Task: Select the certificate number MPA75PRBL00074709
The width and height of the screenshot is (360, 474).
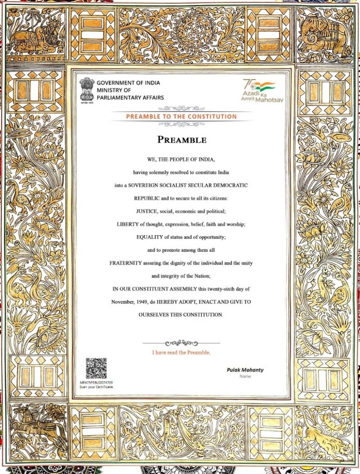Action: click(x=96, y=383)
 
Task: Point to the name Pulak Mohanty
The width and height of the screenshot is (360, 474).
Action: click(x=245, y=370)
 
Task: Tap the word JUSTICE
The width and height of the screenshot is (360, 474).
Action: click(x=147, y=211)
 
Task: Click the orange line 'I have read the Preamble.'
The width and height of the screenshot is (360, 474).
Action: click(x=181, y=352)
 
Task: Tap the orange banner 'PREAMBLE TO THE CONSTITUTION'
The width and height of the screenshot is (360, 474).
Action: click(x=181, y=117)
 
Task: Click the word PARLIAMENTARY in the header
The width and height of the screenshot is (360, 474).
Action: click(x=130, y=98)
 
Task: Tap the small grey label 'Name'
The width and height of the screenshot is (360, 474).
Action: click(x=245, y=376)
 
